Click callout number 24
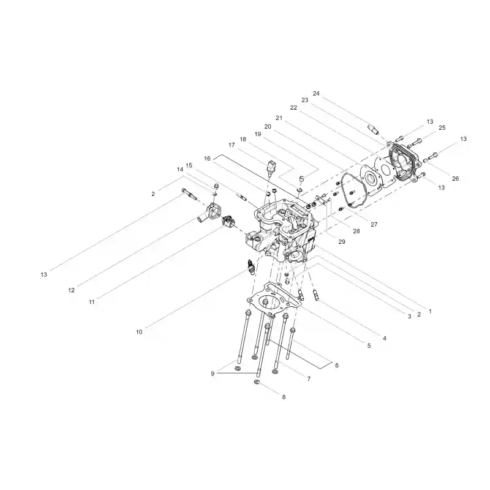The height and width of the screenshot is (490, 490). (316, 94)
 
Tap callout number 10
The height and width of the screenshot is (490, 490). (139, 332)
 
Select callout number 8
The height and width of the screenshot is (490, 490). (284, 397)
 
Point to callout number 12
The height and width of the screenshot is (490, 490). (71, 290)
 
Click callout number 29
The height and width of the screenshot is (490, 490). (342, 241)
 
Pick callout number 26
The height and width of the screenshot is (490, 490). (455, 178)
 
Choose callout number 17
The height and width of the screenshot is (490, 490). (232, 145)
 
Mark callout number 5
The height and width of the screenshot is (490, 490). (369, 346)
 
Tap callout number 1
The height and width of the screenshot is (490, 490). (430, 311)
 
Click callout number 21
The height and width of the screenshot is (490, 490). (279, 118)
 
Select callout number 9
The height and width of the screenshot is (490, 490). (213, 374)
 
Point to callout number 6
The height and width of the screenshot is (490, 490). (336, 365)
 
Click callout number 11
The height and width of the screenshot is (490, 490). (91, 302)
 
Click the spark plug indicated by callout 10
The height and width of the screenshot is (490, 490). (251, 266)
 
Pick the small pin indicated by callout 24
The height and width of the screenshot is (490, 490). (373, 129)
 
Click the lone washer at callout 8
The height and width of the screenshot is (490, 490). (257, 382)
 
